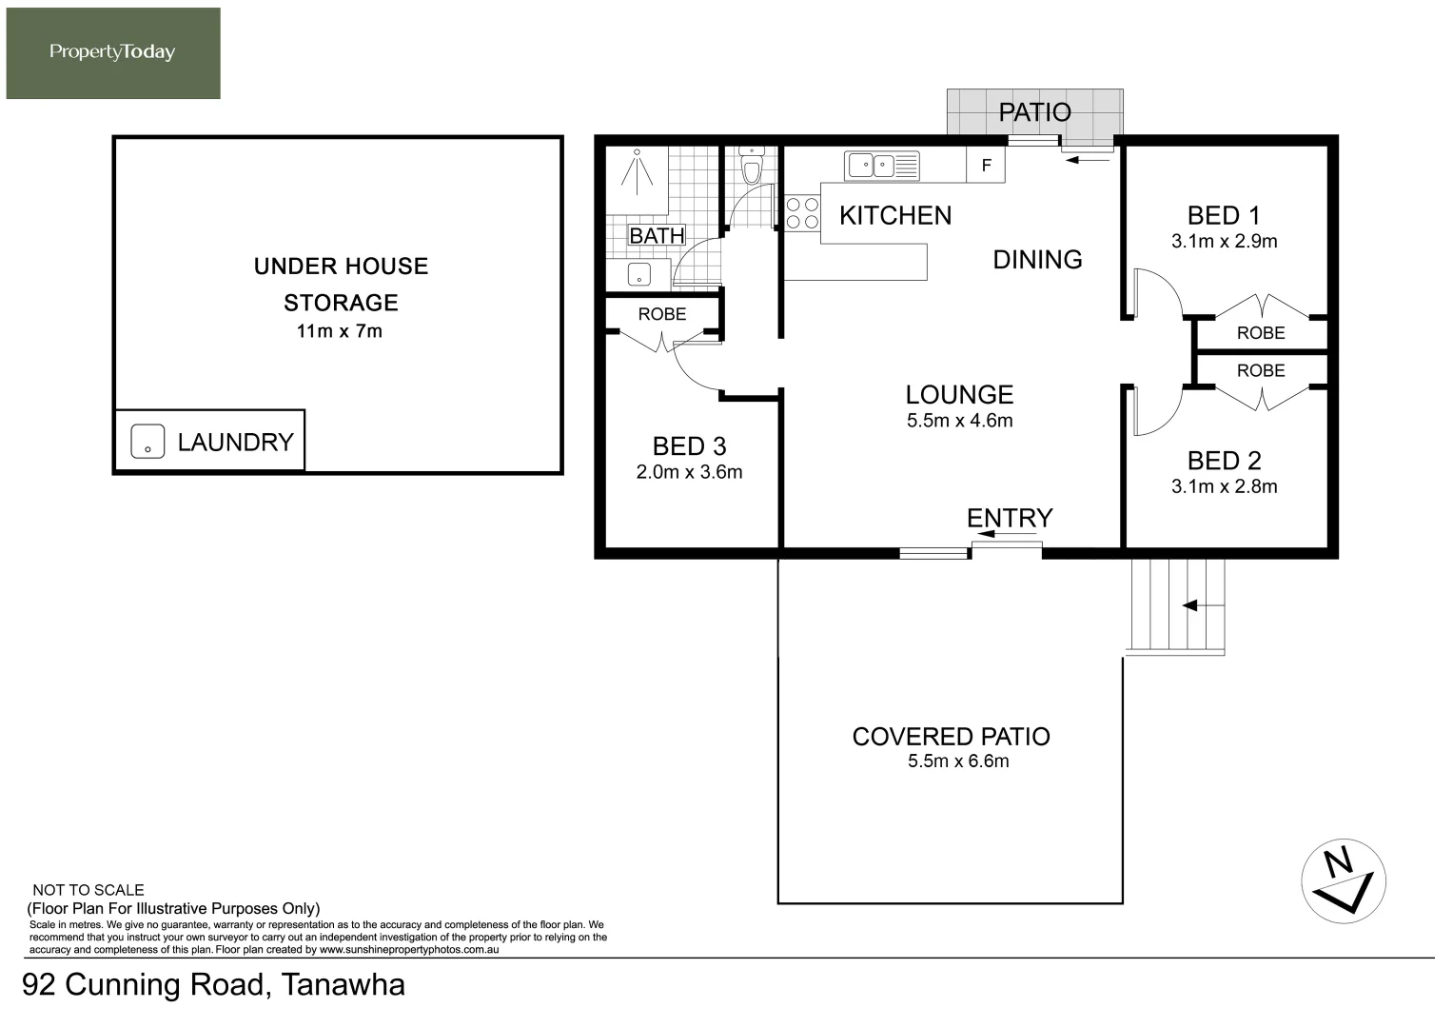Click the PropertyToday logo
point(113,53)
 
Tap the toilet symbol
point(751,167)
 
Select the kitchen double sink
point(881,166)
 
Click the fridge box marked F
point(985,165)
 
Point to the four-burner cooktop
point(802,213)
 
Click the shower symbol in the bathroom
point(637,172)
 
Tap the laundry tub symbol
point(147,442)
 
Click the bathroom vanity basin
point(638,274)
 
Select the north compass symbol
point(1344,881)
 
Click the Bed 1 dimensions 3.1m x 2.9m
point(1224,242)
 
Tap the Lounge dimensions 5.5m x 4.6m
point(959,421)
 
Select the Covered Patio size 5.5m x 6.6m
point(958,761)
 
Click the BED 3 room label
point(689,446)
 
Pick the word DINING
point(1037,260)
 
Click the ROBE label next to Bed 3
point(661,314)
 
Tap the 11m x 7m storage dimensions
point(340,331)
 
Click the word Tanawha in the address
point(344,984)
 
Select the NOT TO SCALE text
point(88,890)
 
